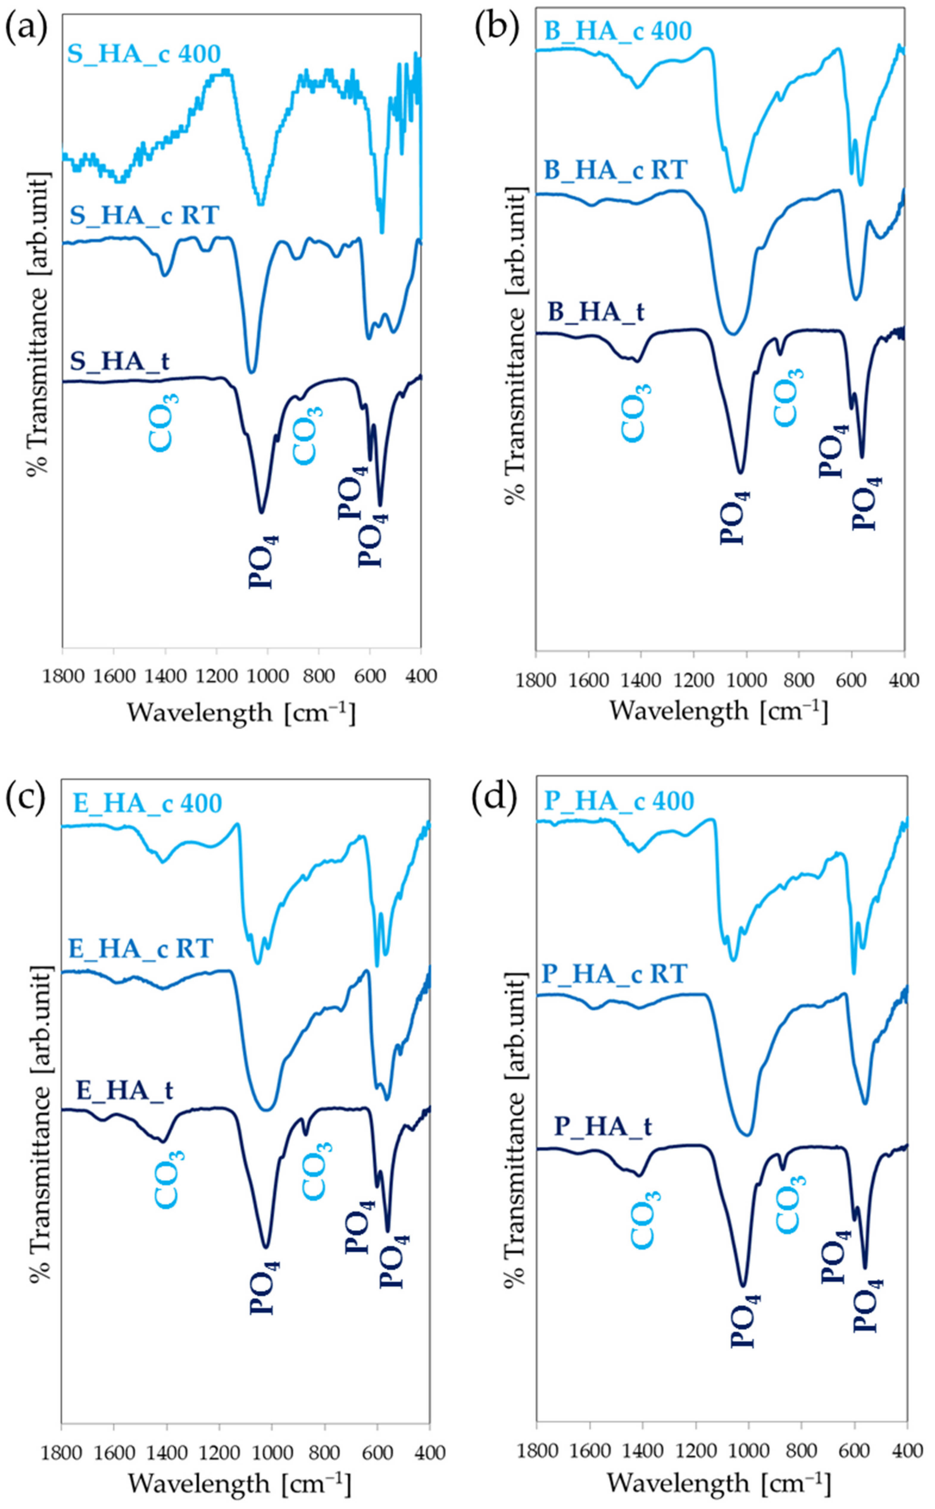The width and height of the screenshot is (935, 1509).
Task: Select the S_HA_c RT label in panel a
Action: coord(144,216)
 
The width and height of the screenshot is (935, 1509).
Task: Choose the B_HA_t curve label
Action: coord(596,311)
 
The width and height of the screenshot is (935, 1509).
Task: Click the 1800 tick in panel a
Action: coord(62,676)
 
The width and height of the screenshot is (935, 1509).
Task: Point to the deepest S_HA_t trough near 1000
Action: coord(262,512)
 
